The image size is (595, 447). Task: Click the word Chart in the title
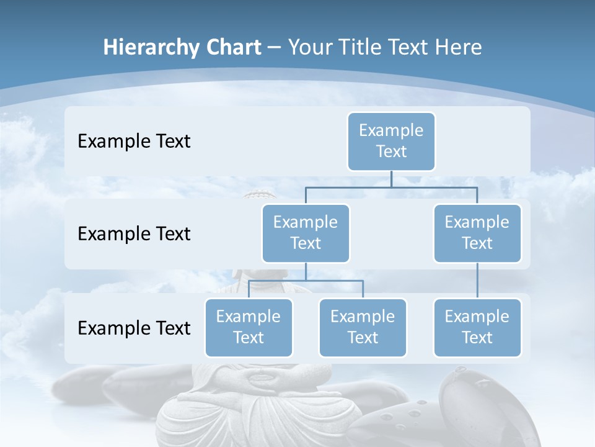click(231, 48)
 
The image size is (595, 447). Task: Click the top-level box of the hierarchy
click(391, 141)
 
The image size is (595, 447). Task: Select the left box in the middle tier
click(306, 233)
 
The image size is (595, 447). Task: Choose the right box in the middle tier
click(477, 233)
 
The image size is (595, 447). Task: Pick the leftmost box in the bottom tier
click(249, 327)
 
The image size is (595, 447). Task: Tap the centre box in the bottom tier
click(363, 327)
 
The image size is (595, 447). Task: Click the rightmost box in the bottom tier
click(477, 327)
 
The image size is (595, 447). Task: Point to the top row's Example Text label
click(134, 142)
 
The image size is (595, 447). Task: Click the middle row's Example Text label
click(134, 234)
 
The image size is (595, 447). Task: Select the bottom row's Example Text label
click(134, 328)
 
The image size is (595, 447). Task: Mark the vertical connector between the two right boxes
click(477, 281)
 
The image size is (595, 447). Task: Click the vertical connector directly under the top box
click(391, 179)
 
